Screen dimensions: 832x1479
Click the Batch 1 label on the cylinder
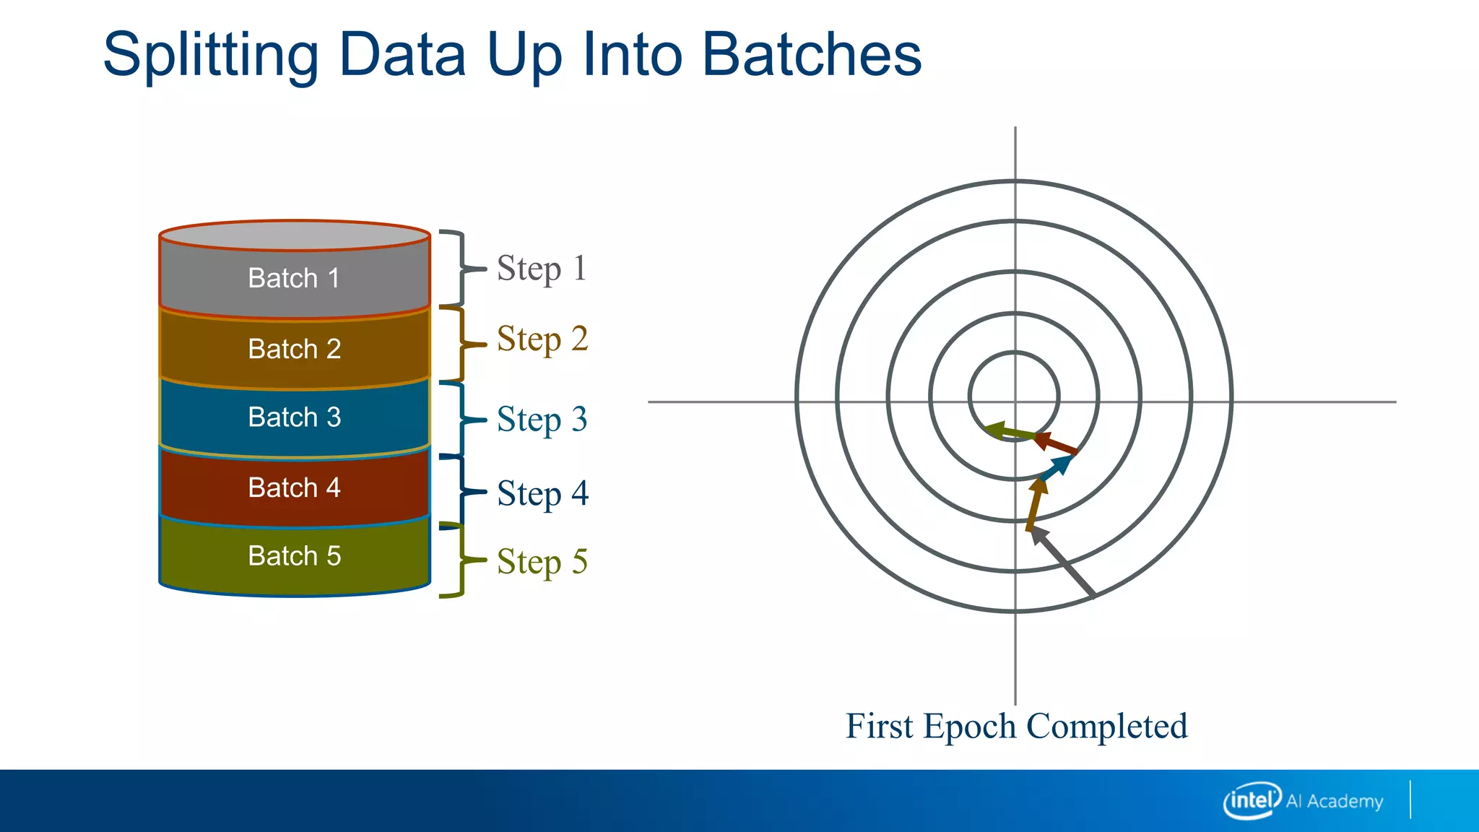[x=294, y=278]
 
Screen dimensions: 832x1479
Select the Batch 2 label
[x=294, y=349]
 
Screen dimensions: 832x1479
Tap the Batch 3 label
[x=294, y=417]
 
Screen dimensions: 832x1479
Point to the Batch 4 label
[x=294, y=487]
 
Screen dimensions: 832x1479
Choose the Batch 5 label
[x=294, y=556]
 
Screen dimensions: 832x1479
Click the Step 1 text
[x=542, y=269]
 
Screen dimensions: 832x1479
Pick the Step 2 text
[x=542, y=339]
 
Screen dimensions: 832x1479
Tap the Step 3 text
[x=542, y=420]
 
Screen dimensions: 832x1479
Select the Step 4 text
[x=542, y=494]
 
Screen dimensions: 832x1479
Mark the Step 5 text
[x=542, y=562]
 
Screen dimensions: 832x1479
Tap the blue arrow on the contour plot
[x=1057, y=467]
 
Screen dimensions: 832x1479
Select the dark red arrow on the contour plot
[x=1056, y=443]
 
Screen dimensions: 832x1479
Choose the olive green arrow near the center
[x=1010, y=432]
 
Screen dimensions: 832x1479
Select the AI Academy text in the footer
[x=1335, y=801]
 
